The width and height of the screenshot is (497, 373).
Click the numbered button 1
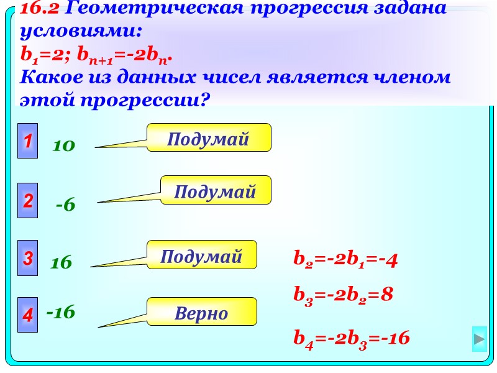tap(27, 141)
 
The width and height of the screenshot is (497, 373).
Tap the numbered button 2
tap(27, 201)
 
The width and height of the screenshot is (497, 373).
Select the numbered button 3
tap(27, 258)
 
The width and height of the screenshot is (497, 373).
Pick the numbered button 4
tap(27, 315)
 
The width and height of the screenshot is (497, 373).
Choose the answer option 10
tap(64, 146)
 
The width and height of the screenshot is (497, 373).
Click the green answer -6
tap(65, 205)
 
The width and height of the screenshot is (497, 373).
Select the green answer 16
tap(62, 263)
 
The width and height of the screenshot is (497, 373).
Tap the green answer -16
tap(61, 312)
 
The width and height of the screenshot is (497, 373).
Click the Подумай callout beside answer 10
tap(209, 138)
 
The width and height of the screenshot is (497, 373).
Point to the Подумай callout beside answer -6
tap(216, 191)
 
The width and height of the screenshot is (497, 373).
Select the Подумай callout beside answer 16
tap(201, 256)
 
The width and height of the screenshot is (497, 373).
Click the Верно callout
tap(201, 313)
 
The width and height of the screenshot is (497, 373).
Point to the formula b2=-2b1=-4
tap(345, 260)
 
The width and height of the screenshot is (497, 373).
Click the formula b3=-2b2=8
tap(343, 294)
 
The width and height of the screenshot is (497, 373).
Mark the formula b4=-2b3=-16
tap(352, 339)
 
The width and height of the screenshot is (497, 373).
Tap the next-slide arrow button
tap(479, 339)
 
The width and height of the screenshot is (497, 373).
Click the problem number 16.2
tap(40, 9)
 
